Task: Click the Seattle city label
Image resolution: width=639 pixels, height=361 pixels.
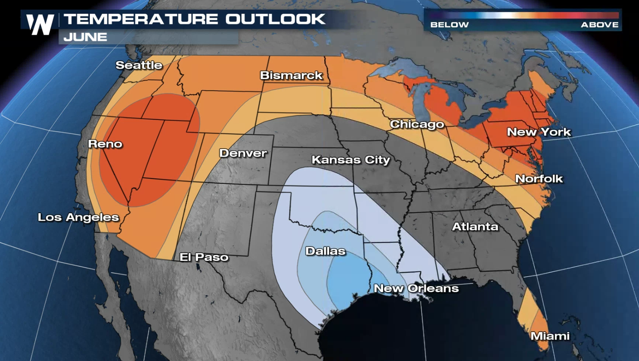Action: (x=139, y=65)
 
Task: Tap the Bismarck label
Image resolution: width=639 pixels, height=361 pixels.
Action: (x=291, y=75)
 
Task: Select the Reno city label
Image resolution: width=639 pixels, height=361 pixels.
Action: (x=105, y=144)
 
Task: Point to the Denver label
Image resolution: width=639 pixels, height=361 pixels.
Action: (x=243, y=153)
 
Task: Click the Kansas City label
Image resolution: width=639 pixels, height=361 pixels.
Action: (x=351, y=160)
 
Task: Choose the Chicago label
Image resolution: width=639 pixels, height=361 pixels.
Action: (x=417, y=124)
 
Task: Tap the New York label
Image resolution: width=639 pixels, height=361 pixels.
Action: (x=539, y=132)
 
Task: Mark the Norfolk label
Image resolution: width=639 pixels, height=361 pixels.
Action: (x=539, y=179)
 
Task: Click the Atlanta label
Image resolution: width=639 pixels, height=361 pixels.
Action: (x=475, y=226)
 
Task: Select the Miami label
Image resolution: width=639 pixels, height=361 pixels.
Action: (x=550, y=336)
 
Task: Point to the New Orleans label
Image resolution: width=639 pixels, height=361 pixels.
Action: (x=416, y=288)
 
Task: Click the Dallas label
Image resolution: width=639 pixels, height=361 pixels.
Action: (x=325, y=251)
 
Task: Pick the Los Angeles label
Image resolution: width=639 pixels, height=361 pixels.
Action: (x=78, y=217)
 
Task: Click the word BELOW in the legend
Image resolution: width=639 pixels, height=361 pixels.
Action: (x=449, y=25)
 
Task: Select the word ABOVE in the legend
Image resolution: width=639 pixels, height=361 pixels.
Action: (x=599, y=25)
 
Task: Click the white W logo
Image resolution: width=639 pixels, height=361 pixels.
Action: (x=40, y=25)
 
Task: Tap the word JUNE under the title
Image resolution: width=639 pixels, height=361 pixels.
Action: (x=85, y=37)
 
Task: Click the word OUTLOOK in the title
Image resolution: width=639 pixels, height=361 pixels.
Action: (x=275, y=19)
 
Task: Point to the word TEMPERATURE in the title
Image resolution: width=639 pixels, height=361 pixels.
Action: (x=141, y=19)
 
